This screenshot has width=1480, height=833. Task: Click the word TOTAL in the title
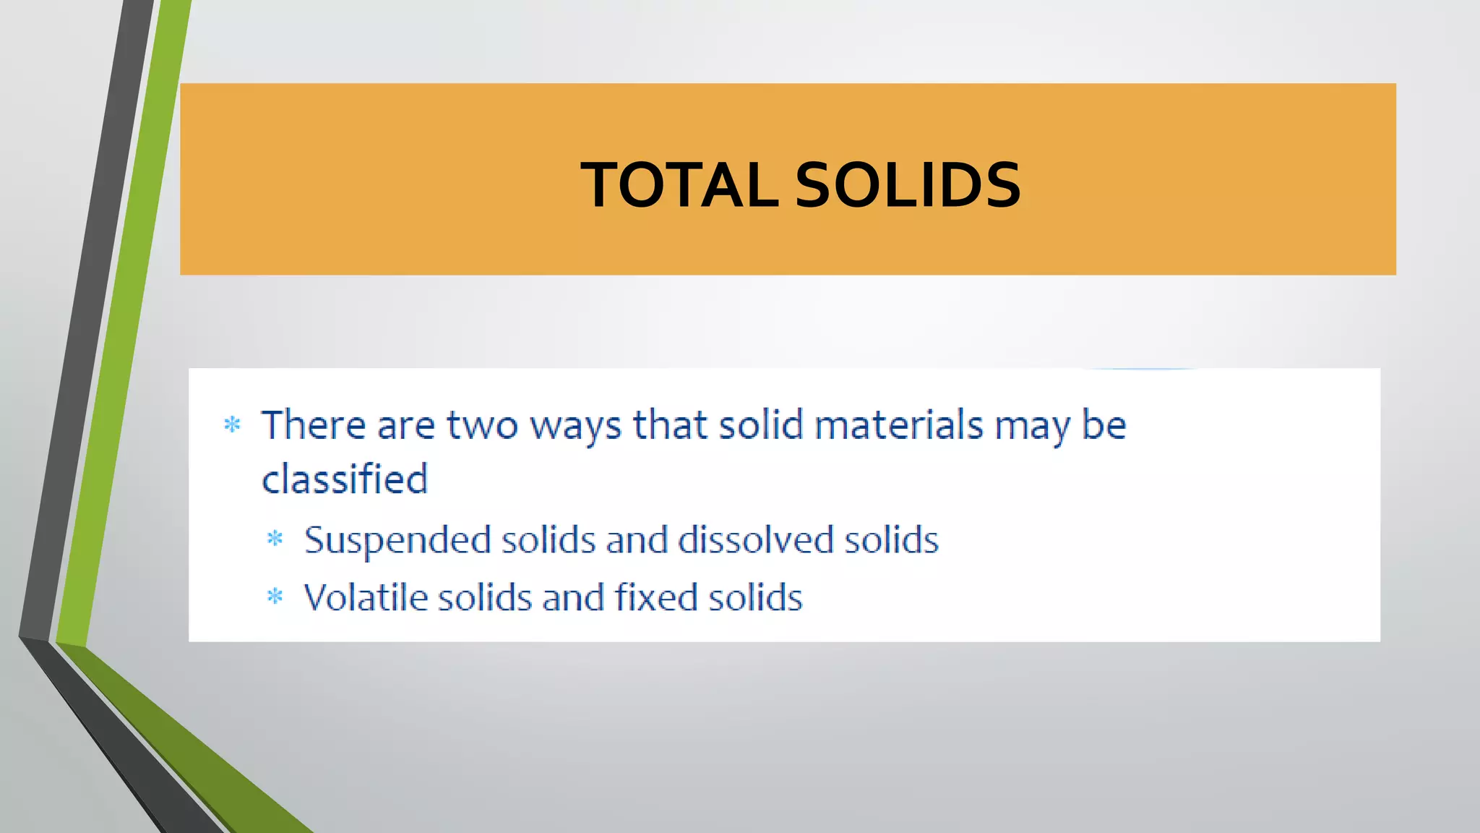(x=679, y=185)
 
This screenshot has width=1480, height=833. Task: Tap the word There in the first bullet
(x=313, y=424)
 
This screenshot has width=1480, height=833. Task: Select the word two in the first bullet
(x=482, y=425)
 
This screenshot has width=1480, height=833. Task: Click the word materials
(x=899, y=424)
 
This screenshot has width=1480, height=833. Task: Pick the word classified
(x=345, y=479)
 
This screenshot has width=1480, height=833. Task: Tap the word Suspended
(x=397, y=541)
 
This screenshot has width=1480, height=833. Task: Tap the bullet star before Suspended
(x=275, y=539)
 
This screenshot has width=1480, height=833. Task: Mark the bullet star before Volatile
(x=275, y=597)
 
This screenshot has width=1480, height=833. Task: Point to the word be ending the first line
(x=1103, y=424)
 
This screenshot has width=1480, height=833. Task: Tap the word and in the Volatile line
(x=573, y=597)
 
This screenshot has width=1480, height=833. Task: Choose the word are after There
(x=405, y=425)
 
